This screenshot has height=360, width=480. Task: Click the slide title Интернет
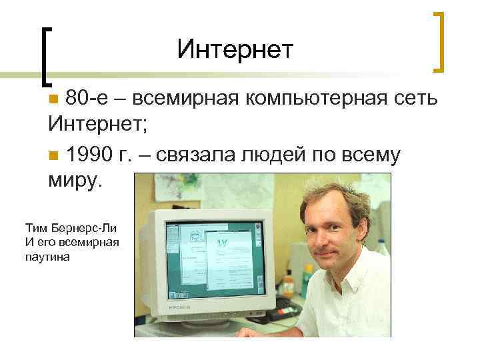[x=235, y=49]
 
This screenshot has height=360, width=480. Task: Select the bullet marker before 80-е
[x=54, y=101]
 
